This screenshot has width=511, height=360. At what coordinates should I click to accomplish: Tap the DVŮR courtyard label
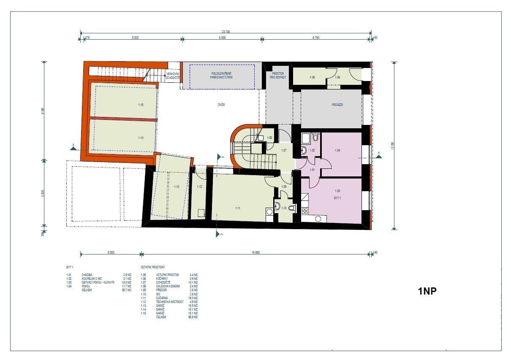tap(221, 105)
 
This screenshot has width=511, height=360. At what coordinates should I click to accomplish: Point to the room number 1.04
tap(337, 150)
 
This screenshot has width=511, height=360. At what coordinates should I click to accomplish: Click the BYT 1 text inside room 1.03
tap(337, 198)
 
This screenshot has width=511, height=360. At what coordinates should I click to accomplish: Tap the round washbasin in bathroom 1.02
tap(304, 150)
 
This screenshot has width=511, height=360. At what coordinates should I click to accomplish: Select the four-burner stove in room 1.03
tap(304, 211)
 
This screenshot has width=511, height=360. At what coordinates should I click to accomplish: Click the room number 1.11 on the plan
tap(238, 208)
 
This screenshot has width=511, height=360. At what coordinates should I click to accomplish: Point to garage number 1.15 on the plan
tap(141, 104)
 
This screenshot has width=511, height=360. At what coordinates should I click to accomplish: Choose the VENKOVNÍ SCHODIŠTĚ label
tap(173, 76)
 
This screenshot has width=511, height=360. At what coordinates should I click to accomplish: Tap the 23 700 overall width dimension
tap(226, 32)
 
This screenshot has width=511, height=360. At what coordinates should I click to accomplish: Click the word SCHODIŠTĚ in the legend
tap(163, 282)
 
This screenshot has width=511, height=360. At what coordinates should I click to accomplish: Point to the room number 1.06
tap(312, 77)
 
